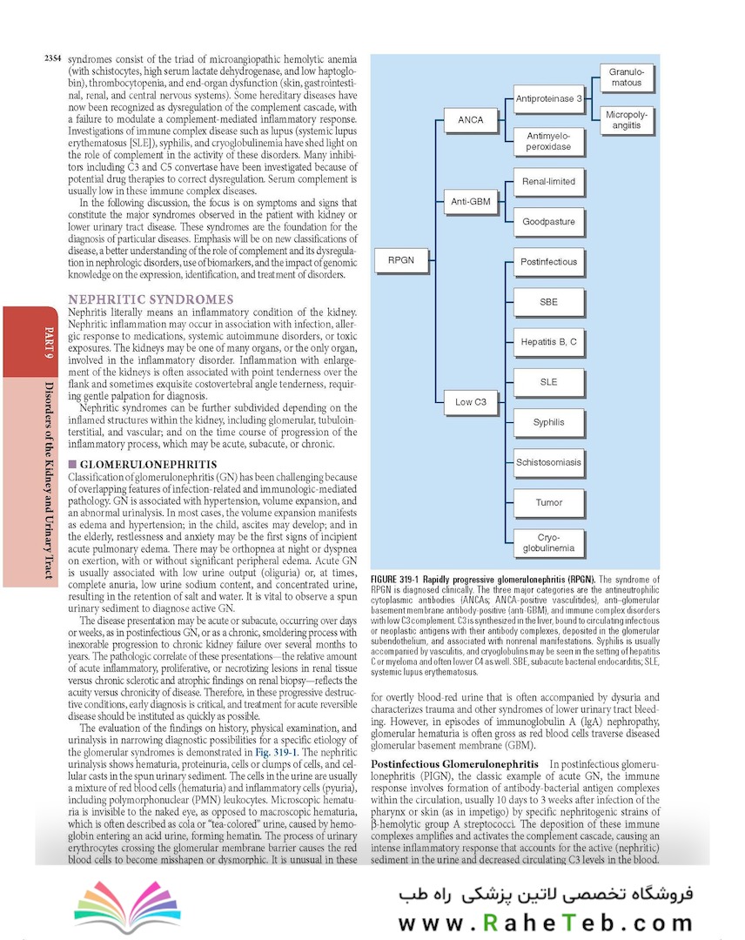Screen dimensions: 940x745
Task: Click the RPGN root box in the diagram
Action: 401,260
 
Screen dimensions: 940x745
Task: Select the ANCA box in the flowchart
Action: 471,119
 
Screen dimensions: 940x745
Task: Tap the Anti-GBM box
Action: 471,202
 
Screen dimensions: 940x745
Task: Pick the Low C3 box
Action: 471,402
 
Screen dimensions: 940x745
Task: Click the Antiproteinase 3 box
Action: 548,99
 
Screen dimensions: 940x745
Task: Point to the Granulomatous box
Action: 625,77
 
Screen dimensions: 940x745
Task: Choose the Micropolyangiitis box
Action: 625,120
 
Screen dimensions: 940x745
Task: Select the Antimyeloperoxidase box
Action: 548,141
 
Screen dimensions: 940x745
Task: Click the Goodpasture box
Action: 548,222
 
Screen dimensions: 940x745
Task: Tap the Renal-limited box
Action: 548,182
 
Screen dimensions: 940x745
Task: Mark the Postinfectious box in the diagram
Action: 548,262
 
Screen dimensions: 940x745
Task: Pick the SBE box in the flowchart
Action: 548,302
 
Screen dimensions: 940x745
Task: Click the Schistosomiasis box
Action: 548,462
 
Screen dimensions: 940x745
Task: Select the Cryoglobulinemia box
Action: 548,543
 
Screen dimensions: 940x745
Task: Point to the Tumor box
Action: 548,502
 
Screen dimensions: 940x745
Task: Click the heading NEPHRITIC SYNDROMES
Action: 151,299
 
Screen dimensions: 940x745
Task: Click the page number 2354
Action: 52,58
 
